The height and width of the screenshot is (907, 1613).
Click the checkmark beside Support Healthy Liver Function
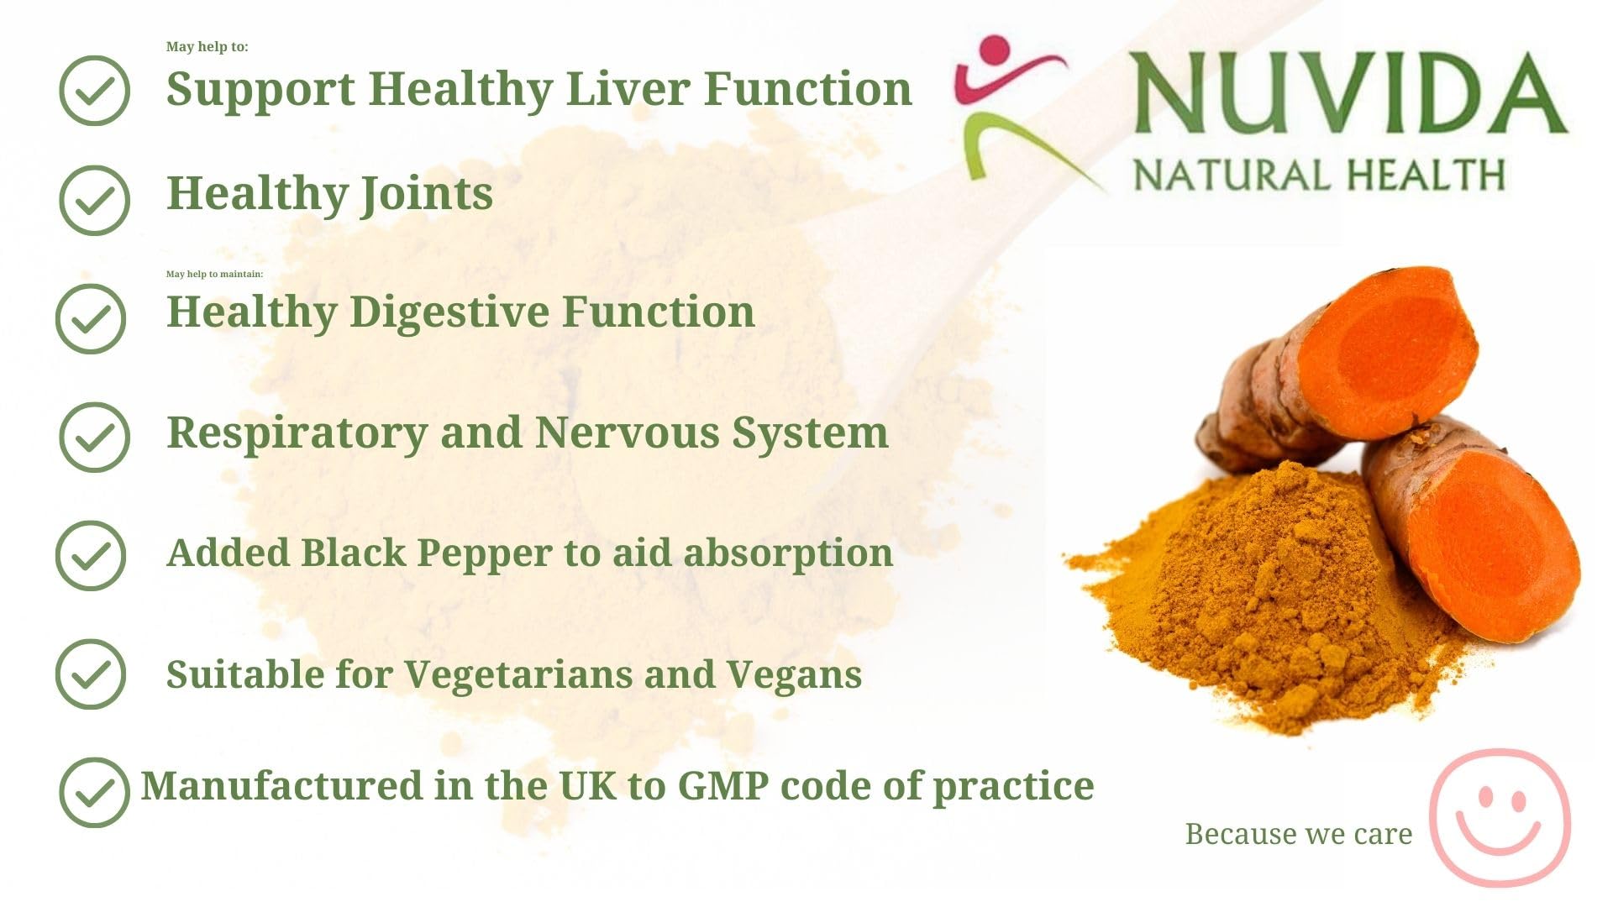[x=94, y=91]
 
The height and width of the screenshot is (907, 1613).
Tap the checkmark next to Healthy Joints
[x=94, y=200]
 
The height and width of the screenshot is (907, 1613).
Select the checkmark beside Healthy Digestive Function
[x=91, y=318]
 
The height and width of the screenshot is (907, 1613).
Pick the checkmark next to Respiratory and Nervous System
[x=94, y=437]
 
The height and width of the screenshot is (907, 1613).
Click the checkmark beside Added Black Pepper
[x=91, y=555]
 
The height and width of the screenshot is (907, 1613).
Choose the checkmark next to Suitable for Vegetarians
[x=91, y=674]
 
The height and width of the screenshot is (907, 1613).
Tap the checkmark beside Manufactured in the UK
[x=94, y=792]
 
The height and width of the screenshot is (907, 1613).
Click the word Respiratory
[x=297, y=434]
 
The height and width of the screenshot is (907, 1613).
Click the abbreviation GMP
[x=722, y=786]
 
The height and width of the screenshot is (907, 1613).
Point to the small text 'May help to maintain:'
[x=214, y=274]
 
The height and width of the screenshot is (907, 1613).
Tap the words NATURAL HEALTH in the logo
[x=1318, y=175]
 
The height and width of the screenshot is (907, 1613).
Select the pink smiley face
[x=1500, y=816]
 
